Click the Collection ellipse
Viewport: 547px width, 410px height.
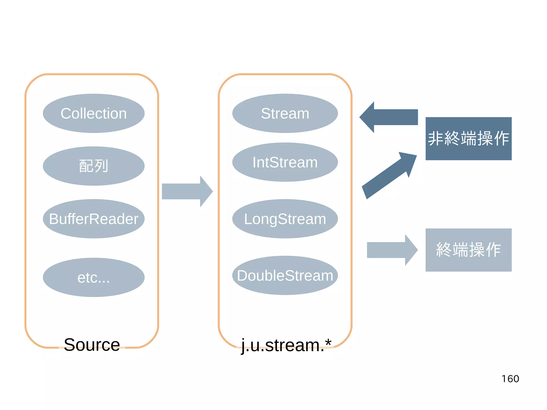click(93, 113)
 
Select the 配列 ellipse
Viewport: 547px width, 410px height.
click(93, 166)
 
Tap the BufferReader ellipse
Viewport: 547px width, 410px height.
click(93, 219)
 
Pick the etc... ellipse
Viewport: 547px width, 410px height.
click(93, 277)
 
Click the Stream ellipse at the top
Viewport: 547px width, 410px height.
click(285, 113)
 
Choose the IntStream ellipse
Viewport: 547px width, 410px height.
click(285, 162)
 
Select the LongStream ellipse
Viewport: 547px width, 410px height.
click(285, 219)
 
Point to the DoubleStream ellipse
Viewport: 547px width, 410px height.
click(285, 275)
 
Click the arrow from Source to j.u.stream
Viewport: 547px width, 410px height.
click(187, 191)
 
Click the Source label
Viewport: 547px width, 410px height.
click(92, 345)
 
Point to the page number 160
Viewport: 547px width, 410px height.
click(510, 379)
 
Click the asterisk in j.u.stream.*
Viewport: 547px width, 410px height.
click(328, 342)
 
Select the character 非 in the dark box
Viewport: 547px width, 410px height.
click(436, 138)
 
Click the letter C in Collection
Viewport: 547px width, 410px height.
click(66, 114)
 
